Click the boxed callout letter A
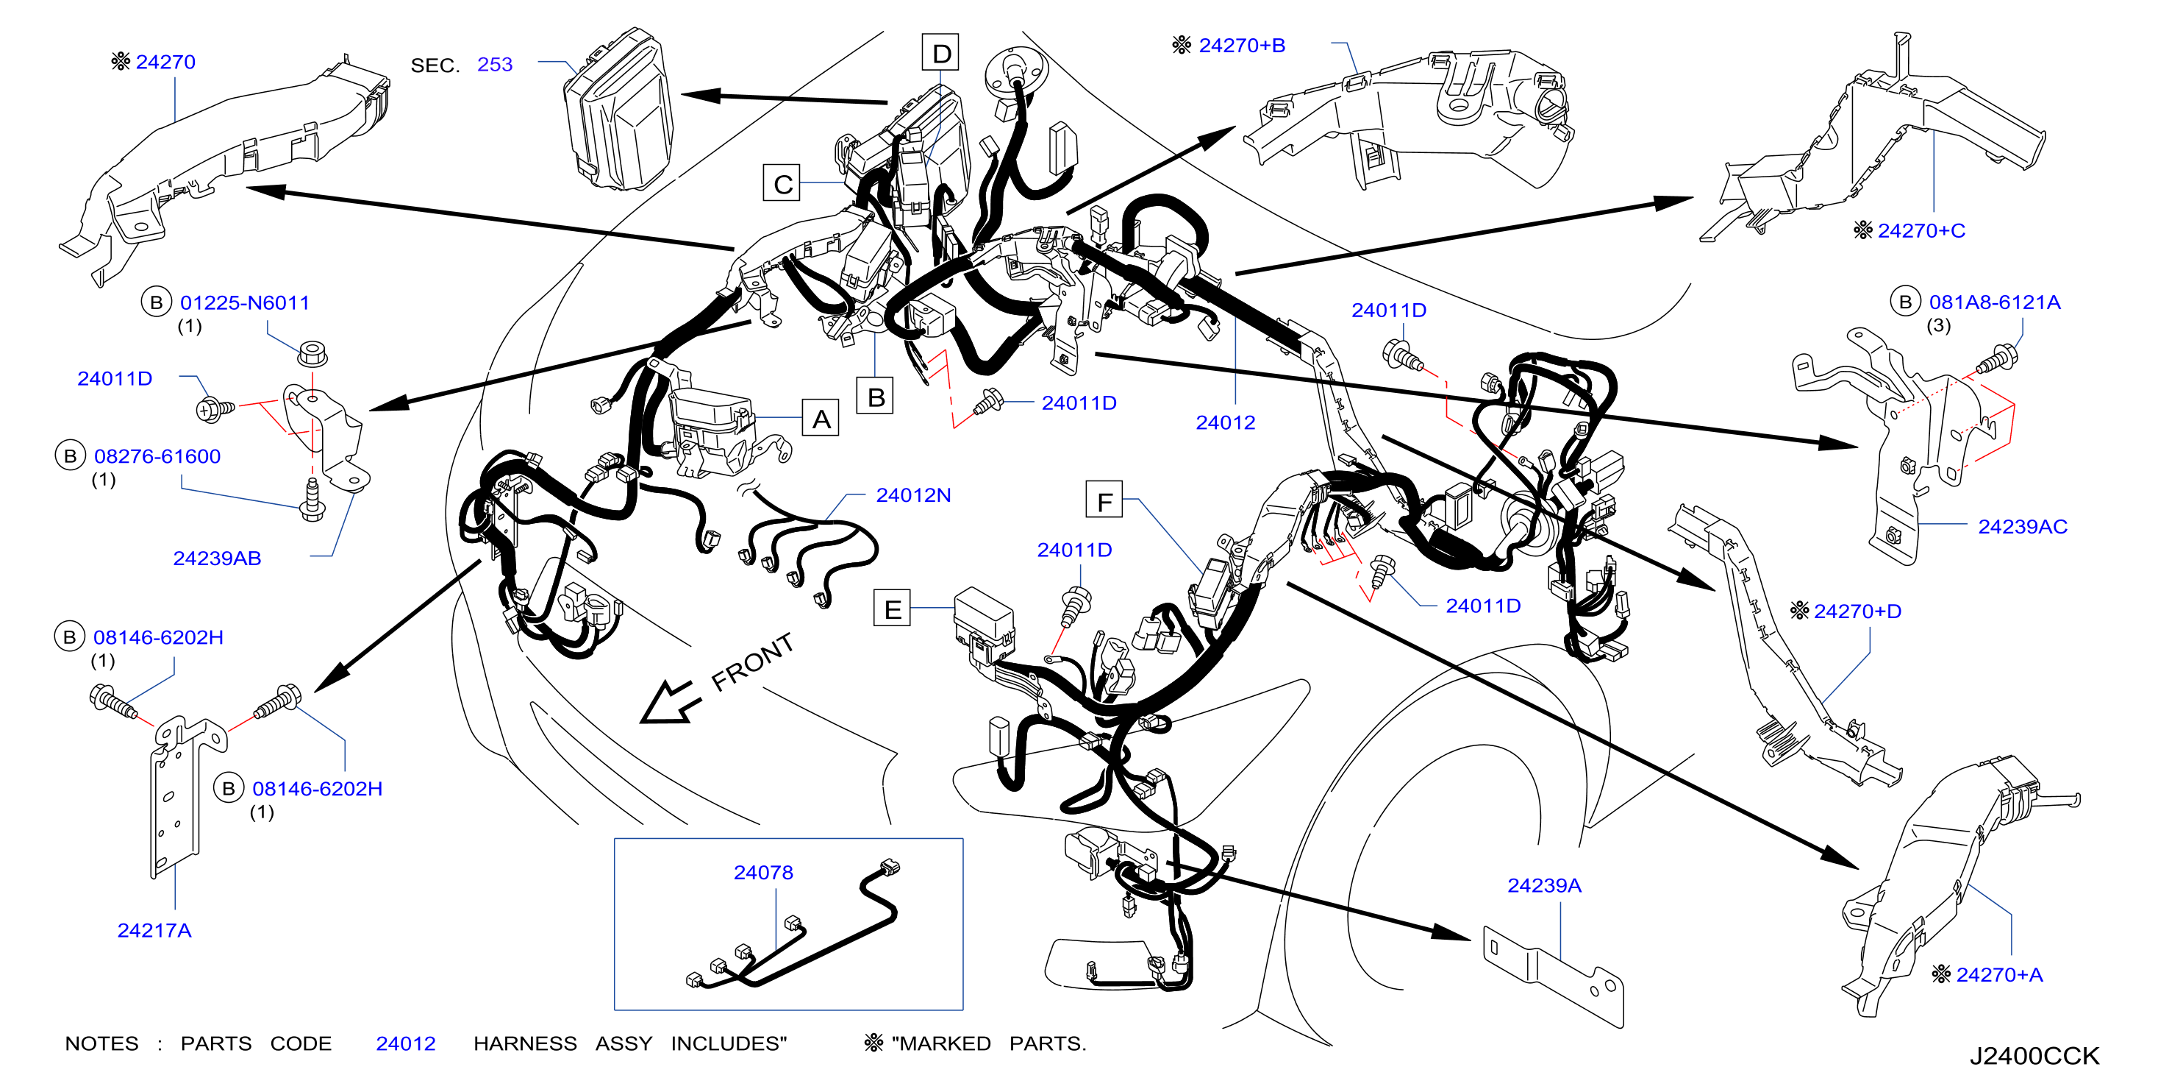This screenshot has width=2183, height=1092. tap(821, 418)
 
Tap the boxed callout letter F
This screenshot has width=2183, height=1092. tap(1104, 500)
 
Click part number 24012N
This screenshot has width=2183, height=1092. tap(912, 495)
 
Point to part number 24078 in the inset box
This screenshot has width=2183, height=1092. tap(762, 873)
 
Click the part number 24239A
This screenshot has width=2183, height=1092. tap(1544, 885)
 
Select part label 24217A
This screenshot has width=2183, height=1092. tap(154, 930)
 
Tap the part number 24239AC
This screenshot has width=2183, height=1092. tap(2022, 527)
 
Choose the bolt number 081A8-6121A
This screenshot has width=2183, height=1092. tap(1994, 302)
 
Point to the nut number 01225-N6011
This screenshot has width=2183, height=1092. tap(245, 302)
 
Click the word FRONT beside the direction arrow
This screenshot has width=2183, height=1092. tap(752, 662)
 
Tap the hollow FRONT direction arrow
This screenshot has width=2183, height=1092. tap(670, 703)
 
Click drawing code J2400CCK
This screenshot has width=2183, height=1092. tap(2034, 1055)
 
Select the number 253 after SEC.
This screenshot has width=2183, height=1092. tap(495, 65)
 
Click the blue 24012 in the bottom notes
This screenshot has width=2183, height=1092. tap(406, 1043)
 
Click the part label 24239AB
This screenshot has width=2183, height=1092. tap(217, 558)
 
